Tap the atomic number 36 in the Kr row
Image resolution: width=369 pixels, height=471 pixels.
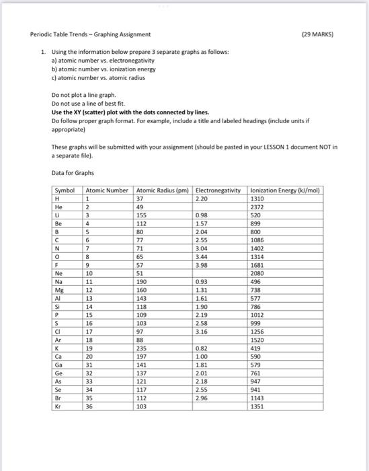tap(89, 406)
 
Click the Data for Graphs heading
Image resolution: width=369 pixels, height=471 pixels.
tap(73, 173)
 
